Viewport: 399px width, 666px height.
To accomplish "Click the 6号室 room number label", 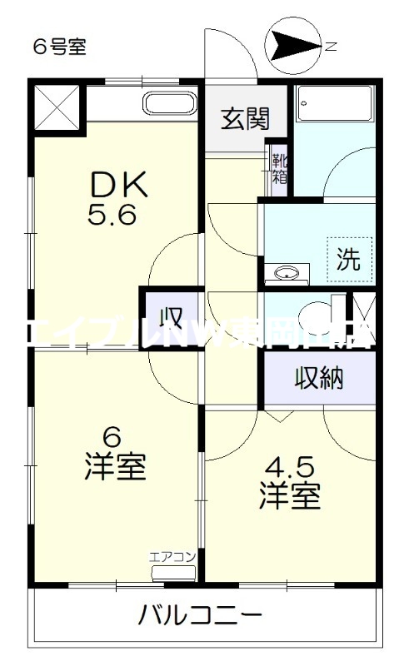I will (59, 47).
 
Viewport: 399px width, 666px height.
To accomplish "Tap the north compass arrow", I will (292, 47).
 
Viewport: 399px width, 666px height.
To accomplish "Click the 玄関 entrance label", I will (245, 119).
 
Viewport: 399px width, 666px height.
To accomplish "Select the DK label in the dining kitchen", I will (118, 184).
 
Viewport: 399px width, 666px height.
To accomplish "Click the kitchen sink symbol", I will (170, 104).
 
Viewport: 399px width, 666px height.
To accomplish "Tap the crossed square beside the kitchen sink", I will (58, 106).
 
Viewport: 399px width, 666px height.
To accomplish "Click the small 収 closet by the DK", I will (172, 318).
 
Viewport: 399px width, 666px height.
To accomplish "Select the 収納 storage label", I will (318, 379).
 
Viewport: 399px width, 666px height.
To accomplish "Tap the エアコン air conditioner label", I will (172, 557).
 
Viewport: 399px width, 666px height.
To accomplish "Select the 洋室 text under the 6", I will (115, 468).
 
